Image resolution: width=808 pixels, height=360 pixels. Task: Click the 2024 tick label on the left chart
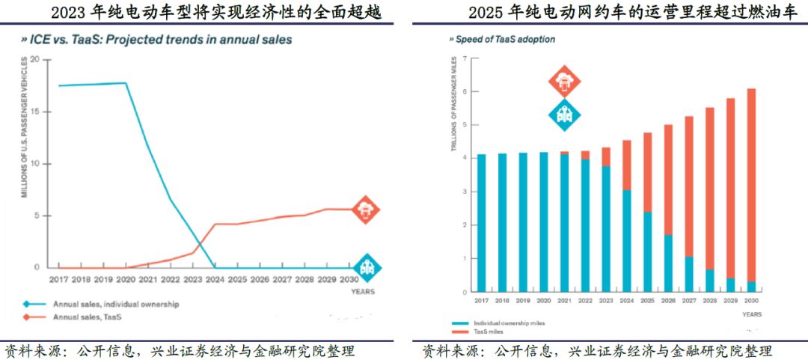click(x=215, y=280)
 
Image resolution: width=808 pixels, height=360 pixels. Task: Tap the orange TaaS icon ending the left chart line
click(x=365, y=210)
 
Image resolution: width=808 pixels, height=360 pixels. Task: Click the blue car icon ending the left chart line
click(x=367, y=266)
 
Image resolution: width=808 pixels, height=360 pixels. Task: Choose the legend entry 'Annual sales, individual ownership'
click(x=115, y=305)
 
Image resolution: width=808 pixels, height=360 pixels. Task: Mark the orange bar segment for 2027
click(x=689, y=186)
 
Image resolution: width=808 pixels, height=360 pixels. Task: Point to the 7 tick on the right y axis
click(x=465, y=58)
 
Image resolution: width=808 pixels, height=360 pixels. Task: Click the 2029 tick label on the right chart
click(x=731, y=301)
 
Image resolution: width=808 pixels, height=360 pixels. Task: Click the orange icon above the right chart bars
click(x=564, y=82)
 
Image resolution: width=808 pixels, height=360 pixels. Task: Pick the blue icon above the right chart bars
click(x=564, y=115)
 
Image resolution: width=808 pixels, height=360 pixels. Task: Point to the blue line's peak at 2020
click(x=125, y=83)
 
